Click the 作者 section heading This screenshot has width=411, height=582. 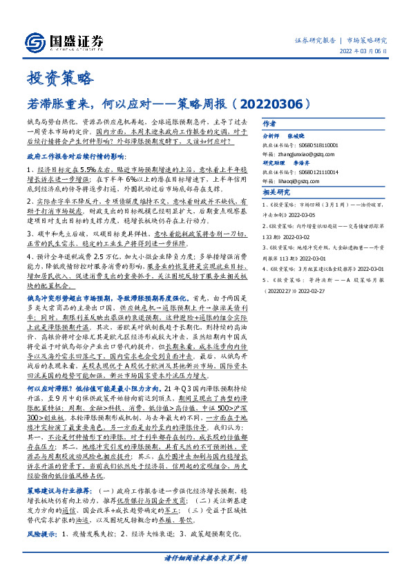coord(269,123)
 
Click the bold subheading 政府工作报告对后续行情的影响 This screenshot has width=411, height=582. coord(86,157)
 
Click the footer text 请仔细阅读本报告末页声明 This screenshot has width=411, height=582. coord(206,557)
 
